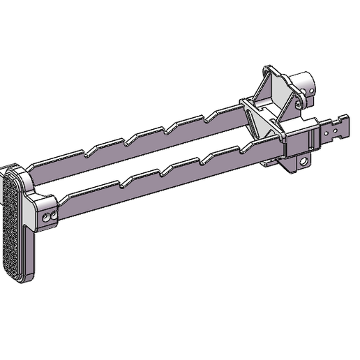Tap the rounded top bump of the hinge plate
[268, 70]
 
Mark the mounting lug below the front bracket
[299, 163]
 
